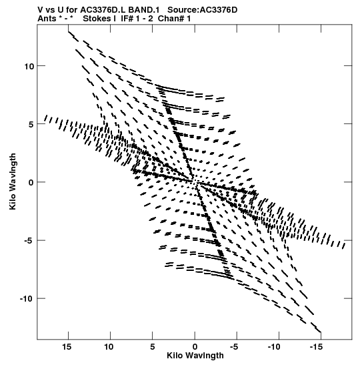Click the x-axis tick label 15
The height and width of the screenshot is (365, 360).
coord(66,347)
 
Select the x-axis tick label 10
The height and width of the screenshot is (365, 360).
coord(109,347)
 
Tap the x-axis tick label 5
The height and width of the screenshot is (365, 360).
coord(152,347)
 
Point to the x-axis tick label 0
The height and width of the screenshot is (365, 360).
coord(195,347)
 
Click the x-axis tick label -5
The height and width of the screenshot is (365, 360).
coord(234,347)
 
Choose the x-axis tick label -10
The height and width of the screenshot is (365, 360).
coord(275,347)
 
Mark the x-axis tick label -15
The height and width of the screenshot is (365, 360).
coord(317,347)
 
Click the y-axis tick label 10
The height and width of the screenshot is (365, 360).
coord(29,66)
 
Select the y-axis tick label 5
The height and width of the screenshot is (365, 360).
coord(31,124)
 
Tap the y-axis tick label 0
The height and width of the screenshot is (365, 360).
coord(31,183)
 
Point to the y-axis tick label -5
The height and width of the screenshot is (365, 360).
coord(29,240)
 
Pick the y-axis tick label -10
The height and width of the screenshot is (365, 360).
coord(27,299)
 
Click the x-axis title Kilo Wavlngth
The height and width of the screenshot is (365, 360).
coord(195,356)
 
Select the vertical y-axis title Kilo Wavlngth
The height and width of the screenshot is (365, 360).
coord(13,181)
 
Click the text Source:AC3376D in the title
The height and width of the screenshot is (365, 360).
coord(202,10)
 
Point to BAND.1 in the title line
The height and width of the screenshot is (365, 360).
coord(144,10)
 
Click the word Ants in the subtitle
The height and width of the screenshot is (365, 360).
coord(47,19)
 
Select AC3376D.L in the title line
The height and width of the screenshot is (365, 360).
coord(103,10)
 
